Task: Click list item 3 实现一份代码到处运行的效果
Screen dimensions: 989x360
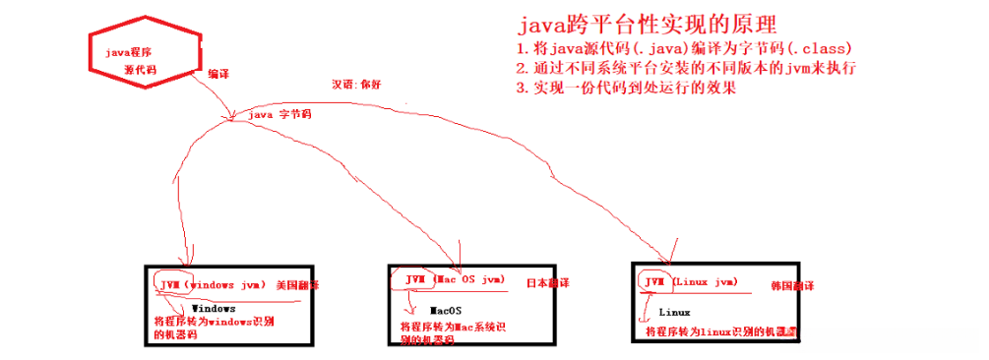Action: point(626,88)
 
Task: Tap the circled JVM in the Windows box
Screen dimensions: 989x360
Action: point(168,283)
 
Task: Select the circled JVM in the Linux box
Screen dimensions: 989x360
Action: point(653,282)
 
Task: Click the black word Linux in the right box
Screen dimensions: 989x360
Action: point(675,312)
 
